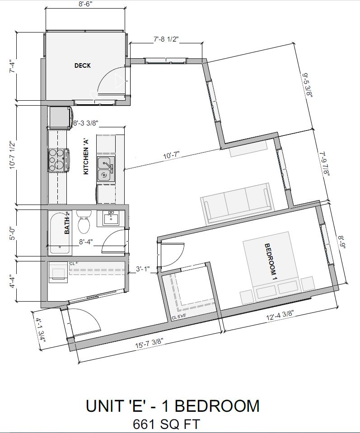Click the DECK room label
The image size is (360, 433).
coord(83,65)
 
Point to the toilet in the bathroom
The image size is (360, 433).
coord(84,222)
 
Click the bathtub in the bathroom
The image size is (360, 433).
coord(60,232)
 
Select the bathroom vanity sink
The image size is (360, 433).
coord(110,219)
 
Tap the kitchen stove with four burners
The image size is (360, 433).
coord(57,159)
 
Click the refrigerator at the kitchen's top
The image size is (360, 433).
coord(61,117)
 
